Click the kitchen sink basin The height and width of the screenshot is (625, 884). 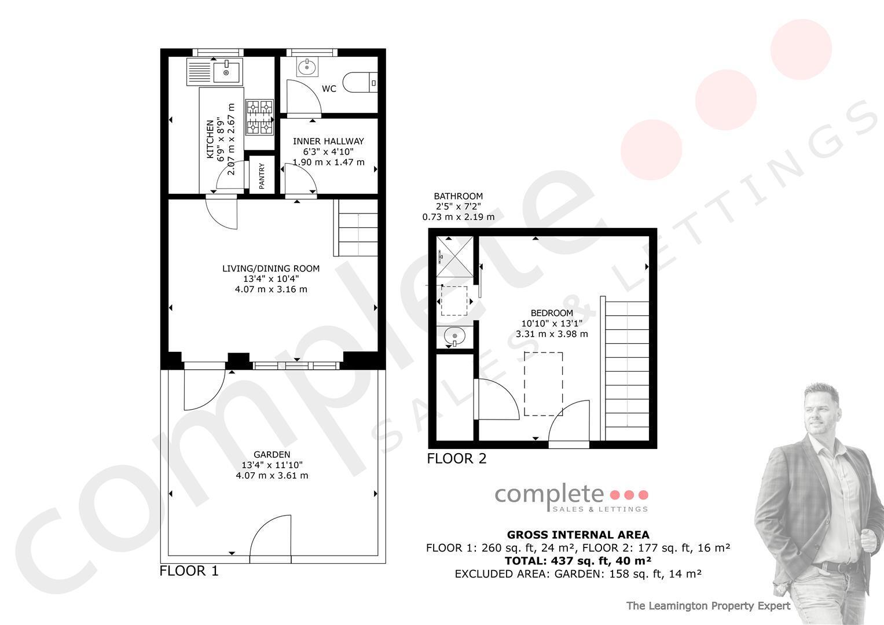coord(226,72)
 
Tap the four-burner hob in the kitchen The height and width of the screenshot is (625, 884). coord(259,117)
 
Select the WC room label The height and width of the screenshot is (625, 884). coord(329,89)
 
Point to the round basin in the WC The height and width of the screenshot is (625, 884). coord(307,68)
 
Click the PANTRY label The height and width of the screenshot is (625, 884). coord(262,176)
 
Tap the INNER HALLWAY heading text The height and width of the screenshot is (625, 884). coord(328,141)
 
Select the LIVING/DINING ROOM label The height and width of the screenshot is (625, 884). coord(271,269)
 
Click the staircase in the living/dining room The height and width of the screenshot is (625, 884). coord(356,228)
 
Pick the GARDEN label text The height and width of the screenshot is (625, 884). coord(272,454)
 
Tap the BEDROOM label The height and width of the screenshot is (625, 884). coord(552,313)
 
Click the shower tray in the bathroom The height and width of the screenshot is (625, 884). coord(454,256)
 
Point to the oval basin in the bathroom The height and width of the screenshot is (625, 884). coord(454,337)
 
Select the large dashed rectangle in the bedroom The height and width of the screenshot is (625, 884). coord(544,384)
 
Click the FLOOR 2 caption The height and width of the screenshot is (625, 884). coord(457,458)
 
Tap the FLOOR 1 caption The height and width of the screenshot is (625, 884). coord(189,571)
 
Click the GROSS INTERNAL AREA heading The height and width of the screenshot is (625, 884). coord(578,535)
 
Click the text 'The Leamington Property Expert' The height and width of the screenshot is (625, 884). coord(709,606)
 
